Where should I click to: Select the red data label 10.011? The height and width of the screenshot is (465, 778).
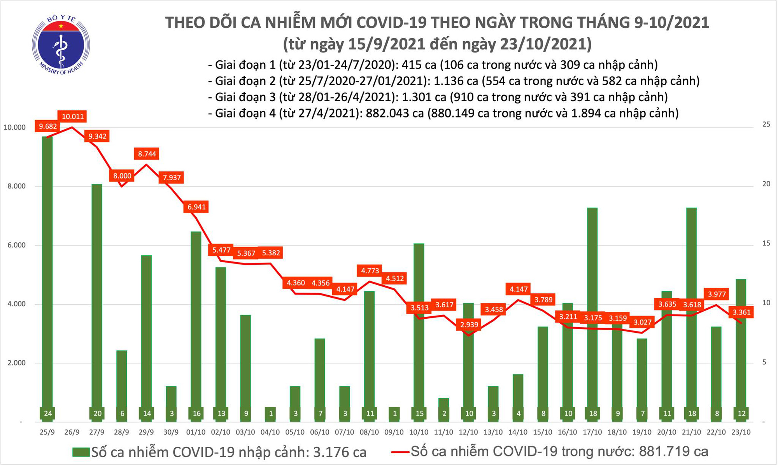(x=73, y=116)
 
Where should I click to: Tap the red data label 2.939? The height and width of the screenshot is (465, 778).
(x=469, y=325)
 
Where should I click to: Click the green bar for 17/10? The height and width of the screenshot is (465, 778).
(x=592, y=311)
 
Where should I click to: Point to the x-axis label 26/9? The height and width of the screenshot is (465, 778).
(x=72, y=432)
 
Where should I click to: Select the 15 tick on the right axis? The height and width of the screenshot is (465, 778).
(x=766, y=244)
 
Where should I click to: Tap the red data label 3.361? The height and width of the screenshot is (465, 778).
(x=741, y=312)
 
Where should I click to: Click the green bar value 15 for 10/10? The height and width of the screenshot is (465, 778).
(x=419, y=414)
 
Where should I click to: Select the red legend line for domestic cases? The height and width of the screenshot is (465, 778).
(x=400, y=452)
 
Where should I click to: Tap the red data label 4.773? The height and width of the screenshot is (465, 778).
(x=370, y=270)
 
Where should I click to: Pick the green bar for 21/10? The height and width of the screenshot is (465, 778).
(x=691, y=311)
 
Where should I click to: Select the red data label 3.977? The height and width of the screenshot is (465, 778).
(x=717, y=294)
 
